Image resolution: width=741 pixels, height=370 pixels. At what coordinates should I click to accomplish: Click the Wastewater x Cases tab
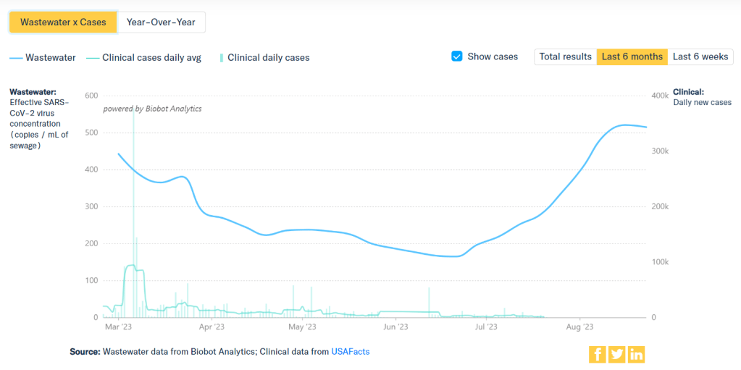[x=63, y=22]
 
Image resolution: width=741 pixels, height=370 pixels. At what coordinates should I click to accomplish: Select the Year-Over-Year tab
[x=161, y=22]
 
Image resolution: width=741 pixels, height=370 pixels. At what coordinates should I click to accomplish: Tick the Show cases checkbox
[x=457, y=56]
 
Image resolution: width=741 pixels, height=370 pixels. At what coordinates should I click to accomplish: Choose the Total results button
[x=565, y=56]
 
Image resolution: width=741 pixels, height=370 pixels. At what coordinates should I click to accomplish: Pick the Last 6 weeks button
[x=700, y=56]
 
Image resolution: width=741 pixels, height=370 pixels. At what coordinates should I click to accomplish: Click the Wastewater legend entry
[x=43, y=57]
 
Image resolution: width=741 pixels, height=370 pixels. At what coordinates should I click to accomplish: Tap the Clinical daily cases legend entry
[x=265, y=57]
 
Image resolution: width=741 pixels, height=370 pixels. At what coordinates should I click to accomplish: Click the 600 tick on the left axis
[x=91, y=96]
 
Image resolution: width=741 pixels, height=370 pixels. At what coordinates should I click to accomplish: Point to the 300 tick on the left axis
[x=91, y=206]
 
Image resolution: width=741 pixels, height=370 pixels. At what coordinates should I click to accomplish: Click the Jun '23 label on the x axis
[x=394, y=327]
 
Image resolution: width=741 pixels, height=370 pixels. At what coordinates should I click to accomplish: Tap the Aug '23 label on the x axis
[x=579, y=327]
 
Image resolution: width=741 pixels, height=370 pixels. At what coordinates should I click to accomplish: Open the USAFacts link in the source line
[x=351, y=351]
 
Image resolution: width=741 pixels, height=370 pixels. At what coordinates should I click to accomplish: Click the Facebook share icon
[x=598, y=354]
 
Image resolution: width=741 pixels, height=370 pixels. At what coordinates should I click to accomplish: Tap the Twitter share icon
[x=617, y=354]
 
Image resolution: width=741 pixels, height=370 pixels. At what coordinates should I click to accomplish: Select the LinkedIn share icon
[x=637, y=354]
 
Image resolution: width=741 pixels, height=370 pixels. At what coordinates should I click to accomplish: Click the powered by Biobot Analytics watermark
[x=152, y=109]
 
